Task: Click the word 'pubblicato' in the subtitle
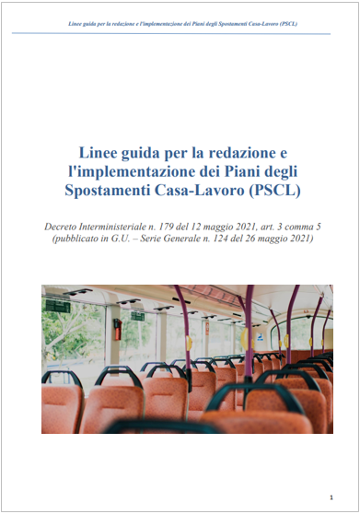click(75, 239)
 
